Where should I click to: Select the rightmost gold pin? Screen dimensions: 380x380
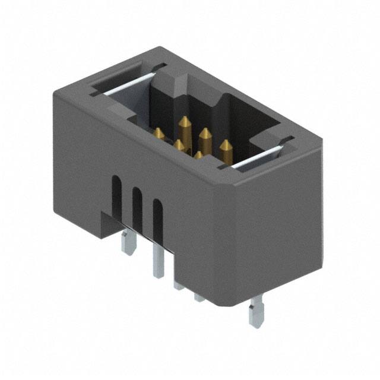coord(225,150)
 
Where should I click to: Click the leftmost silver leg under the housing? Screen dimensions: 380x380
coord(126,243)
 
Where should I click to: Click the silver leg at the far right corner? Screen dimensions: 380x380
coord(256,312)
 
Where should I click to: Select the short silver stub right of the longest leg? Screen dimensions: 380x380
coord(178,284)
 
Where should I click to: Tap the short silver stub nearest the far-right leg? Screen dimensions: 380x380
coord(199,295)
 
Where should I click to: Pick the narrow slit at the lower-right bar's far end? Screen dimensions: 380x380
coord(287,140)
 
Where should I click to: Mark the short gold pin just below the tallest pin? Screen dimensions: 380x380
coord(179,145)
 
